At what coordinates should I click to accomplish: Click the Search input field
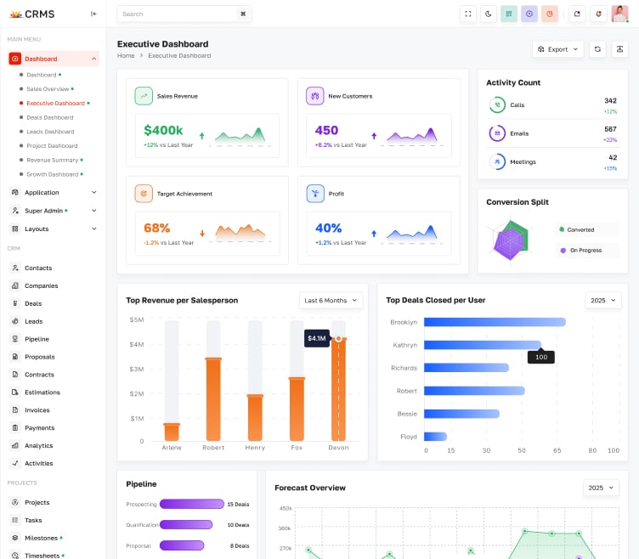pyautogui.click(x=174, y=14)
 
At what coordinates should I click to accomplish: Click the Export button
pyautogui.click(x=557, y=49)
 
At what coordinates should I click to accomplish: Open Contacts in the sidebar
pyautogui.click(x=38, y=268)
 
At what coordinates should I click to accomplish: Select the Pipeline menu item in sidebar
pyautogui.click(x=37, y=339)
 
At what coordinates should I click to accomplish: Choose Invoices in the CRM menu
pyautogui.click(x=37, y=409)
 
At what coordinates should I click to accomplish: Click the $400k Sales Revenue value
pyautogui.click(x=163, y=130)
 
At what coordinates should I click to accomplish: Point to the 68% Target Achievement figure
pyautogui.click(x=157, y=228)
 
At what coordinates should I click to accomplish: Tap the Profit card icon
pyautogui.click(x=315, y=194)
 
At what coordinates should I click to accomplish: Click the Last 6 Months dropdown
pyautogui.click(x=331, y=300)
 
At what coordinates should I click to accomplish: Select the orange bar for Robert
pyautogui.click(x=213, y=399)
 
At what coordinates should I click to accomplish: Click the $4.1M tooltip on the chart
pyautogui.click(x=316, y=338)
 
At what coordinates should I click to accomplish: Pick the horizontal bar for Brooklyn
pyautogui.click(x=495, y=322)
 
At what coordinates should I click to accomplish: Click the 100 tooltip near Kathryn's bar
pyautogui.click(x=540, y=358)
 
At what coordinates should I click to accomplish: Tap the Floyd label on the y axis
pyautogui.click(x=409, y=437)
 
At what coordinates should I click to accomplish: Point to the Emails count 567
pyautogui.click(x=610, y=129)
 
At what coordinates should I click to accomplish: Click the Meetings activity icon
pyautogui.click(x=496, y=161)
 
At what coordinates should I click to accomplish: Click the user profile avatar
pyautogui.click(x=619, y=14)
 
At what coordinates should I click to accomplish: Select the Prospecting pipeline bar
pyautogui.click(x=191, y=504)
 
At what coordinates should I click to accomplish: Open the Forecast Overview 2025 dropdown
pyautogui.click(x=601, y=488)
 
